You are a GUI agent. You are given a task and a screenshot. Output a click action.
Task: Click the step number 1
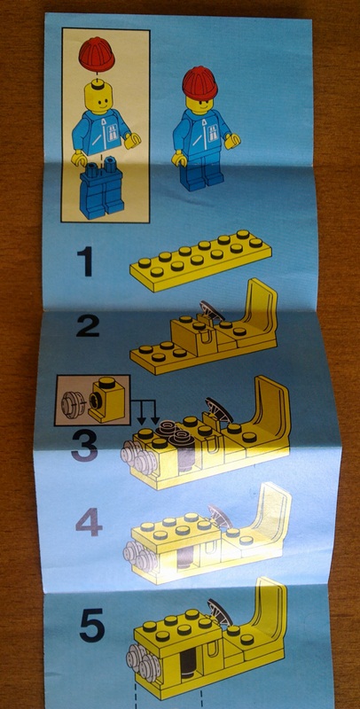click(84, 261)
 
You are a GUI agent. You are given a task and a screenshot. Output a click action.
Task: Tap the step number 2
click(88, 325)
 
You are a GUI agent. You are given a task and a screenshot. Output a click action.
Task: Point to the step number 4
click(89, 523)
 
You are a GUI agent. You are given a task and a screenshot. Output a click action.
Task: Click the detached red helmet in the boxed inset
click(97, 55)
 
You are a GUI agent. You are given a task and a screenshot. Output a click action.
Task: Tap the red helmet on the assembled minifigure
click(200, 82)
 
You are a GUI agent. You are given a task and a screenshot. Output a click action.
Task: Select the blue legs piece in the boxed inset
click(102, 191)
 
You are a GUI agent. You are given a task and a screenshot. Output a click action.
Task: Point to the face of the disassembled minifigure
click(98, 99)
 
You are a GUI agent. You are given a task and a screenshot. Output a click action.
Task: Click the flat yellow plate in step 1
click(200, 261)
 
